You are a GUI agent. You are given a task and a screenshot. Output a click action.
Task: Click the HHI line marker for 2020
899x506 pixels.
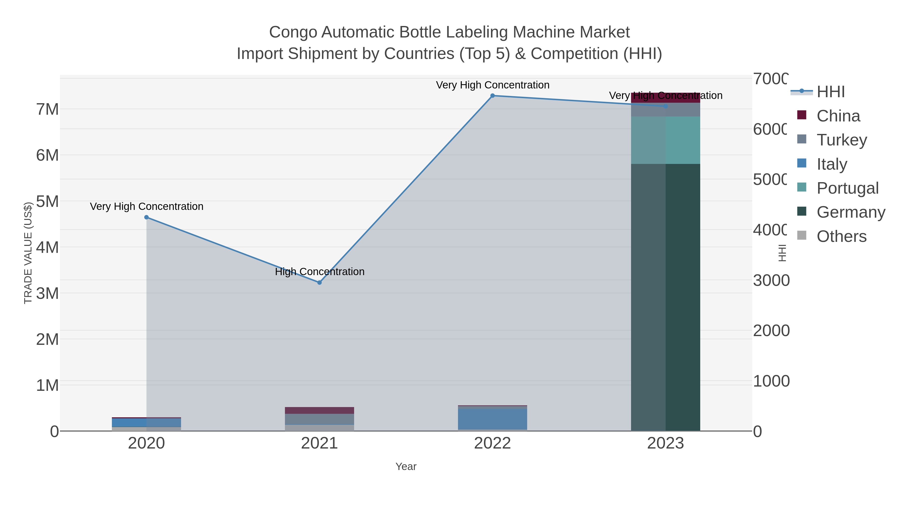coord(146,217)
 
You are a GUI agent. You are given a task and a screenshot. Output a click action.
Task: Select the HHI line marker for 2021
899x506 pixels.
coord(319,283)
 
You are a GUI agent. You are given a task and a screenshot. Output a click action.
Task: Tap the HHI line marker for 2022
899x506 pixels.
coord(492,96)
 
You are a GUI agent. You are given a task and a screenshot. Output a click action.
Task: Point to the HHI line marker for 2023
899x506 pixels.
coord(666,106)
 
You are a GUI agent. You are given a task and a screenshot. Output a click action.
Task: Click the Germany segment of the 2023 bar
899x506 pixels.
coord(666,297)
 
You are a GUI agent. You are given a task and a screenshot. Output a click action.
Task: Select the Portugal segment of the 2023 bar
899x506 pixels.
coord(666,140)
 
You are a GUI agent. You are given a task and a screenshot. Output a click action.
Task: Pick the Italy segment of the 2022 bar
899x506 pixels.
coord(492,419)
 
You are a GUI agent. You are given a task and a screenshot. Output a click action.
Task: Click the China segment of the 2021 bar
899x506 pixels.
coord(319,410)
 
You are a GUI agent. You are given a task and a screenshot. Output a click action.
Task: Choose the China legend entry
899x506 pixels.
coord(838,116)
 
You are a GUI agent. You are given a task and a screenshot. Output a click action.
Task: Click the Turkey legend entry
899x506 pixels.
coord(841,140)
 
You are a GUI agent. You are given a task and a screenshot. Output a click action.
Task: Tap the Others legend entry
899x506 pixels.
coord(841,236)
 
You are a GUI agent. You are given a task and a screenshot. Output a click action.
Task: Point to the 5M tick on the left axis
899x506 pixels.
coord(47,201)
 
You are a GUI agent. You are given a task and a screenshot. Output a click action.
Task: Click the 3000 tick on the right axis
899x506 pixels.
coord(771,280)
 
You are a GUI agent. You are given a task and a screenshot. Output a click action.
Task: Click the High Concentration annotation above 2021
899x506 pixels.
coord(319,271)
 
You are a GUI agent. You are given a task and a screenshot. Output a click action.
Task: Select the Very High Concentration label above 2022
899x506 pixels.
coord(492,85)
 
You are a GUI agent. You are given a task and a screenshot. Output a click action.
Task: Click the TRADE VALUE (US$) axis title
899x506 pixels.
coord(28,253)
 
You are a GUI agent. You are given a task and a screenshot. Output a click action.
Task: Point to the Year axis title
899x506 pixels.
coord(406,467)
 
